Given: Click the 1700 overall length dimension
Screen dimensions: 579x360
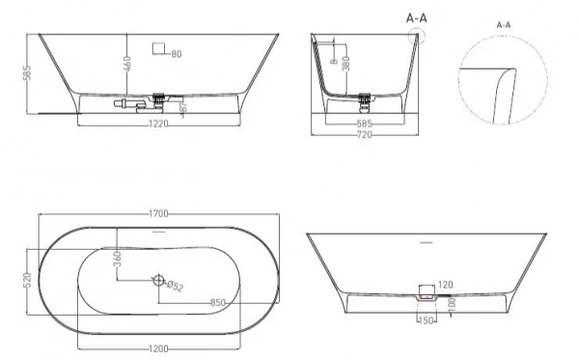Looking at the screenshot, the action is (x=158, y=214).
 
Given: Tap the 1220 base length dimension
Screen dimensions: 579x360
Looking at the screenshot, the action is (x=158, y=124).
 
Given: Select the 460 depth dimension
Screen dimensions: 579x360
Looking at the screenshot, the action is (x=127, y=64).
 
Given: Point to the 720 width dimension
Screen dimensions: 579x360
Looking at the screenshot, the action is (x=364, y=135).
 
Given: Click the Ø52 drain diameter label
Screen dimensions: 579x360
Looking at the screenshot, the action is (x=175, y=286).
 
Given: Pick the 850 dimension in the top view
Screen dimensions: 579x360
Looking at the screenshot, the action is (x=218, y=303).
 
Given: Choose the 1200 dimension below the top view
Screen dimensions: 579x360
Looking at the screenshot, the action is (x=158, y=348).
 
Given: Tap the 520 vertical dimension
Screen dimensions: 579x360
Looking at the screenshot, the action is (x=28, y=280).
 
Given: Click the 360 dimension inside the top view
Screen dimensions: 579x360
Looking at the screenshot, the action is (x=118, y=259).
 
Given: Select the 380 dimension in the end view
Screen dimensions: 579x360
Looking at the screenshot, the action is (x=346, y=63).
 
